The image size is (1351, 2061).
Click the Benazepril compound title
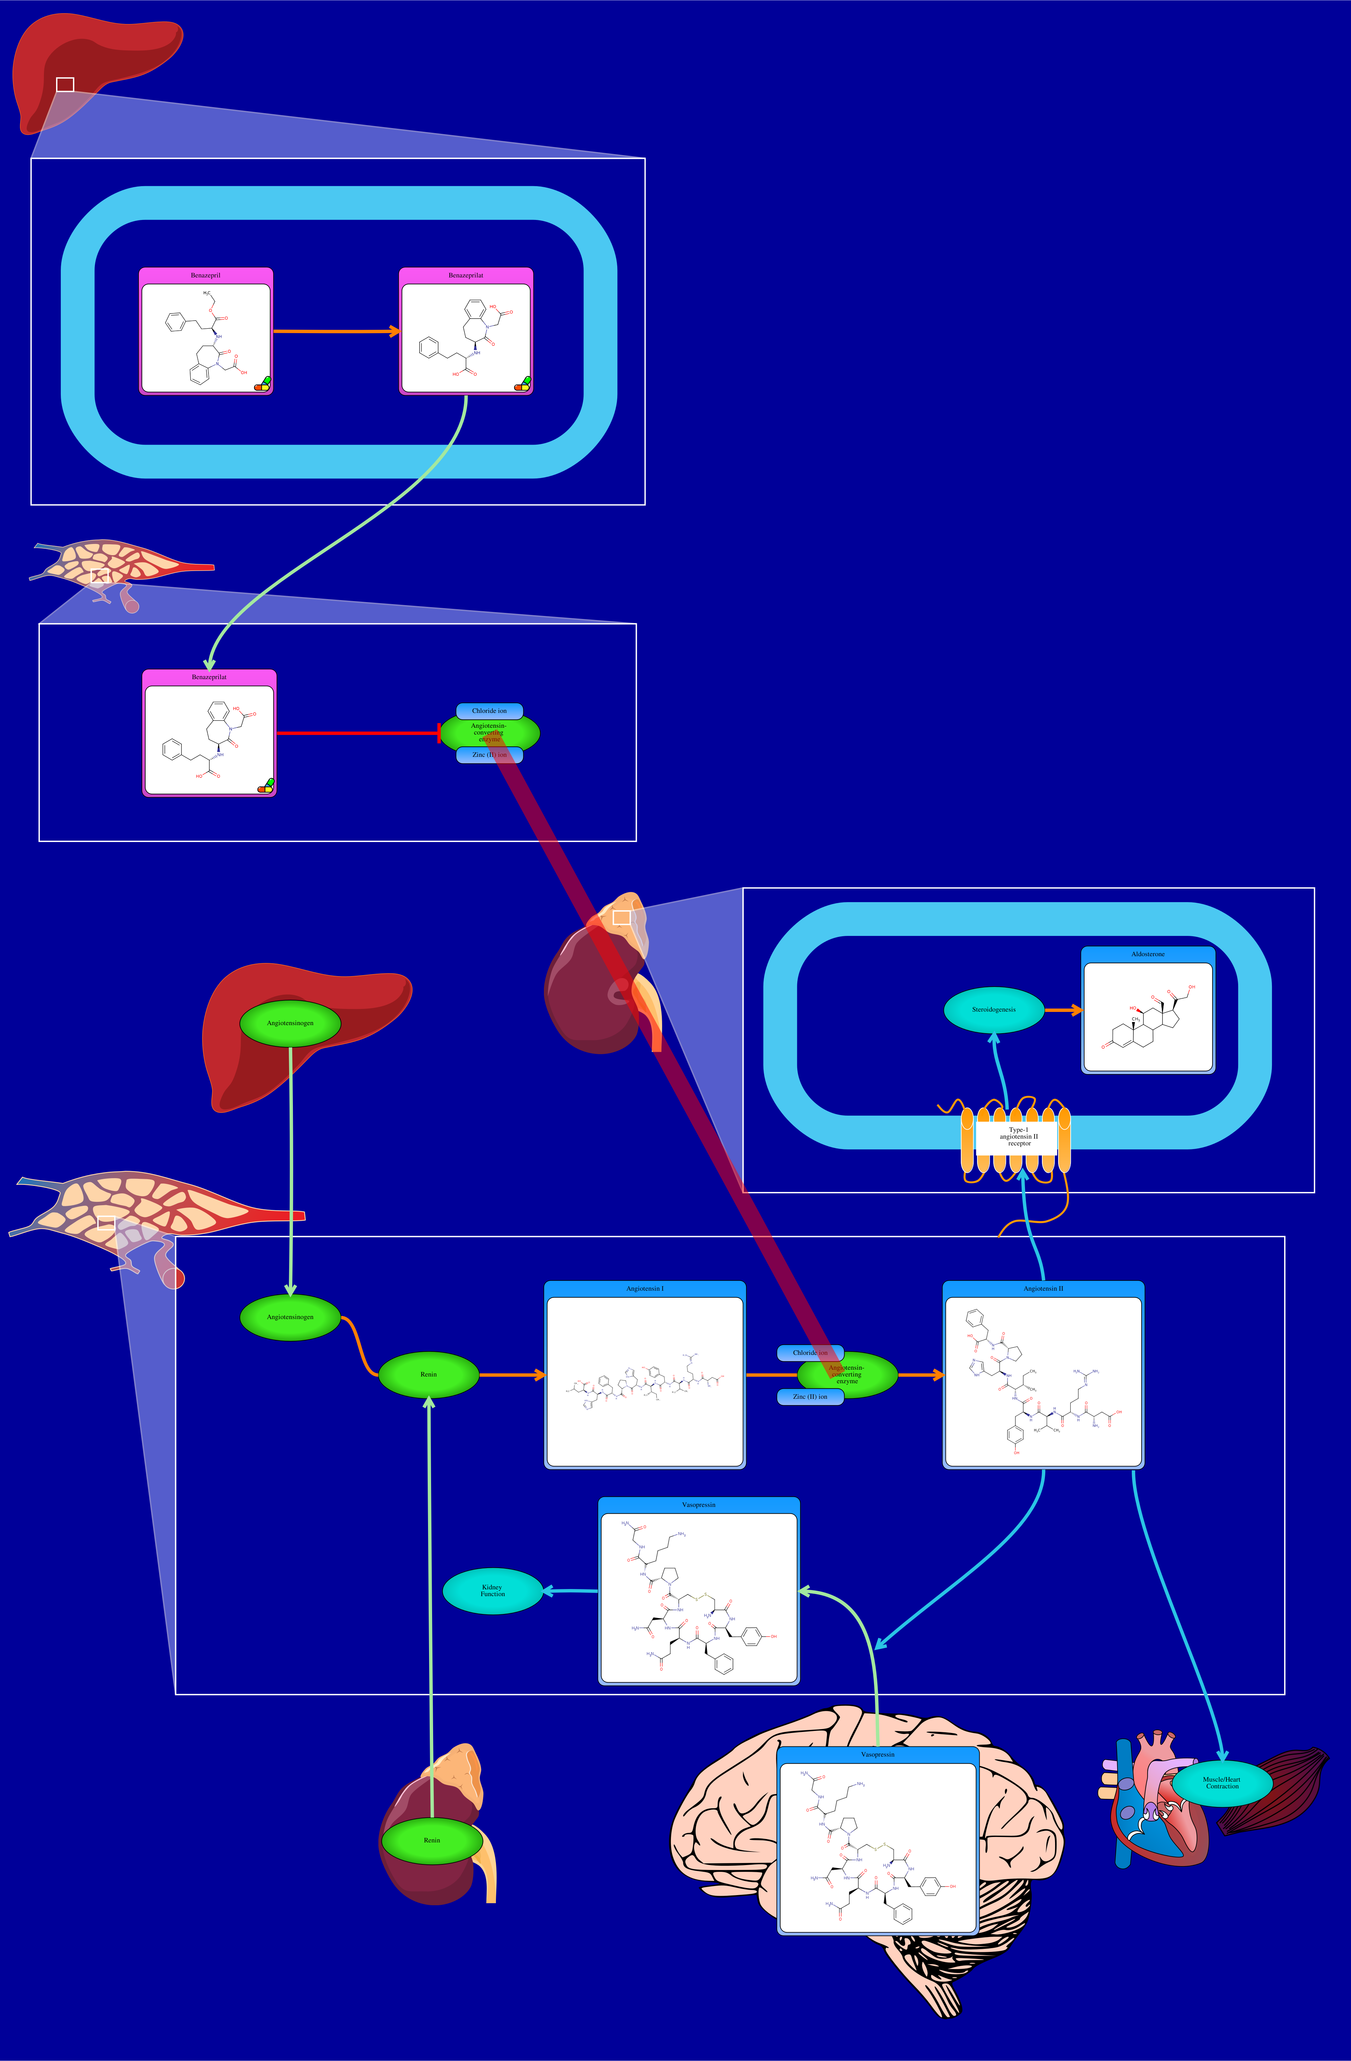click(205, 275)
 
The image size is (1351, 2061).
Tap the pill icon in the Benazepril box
click(261, 383)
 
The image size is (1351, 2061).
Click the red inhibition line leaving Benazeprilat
click(355, 734)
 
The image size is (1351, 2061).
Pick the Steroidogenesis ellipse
click(993, 1010)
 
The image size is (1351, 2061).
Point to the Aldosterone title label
click(1148, 954)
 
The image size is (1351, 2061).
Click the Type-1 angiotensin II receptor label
click(1019, 1136)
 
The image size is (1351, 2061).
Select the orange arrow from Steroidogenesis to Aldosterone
click(1062, 1010)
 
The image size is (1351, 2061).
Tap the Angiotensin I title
click(644, 1289)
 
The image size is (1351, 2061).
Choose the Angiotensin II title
click(1043, 1289)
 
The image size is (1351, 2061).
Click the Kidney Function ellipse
click(492, 1591)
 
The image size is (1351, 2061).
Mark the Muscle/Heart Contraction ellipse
click(1221, 1783)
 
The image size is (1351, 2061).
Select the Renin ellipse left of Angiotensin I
click(429, 1374)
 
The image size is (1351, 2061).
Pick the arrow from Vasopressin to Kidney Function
click(570, 1591)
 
